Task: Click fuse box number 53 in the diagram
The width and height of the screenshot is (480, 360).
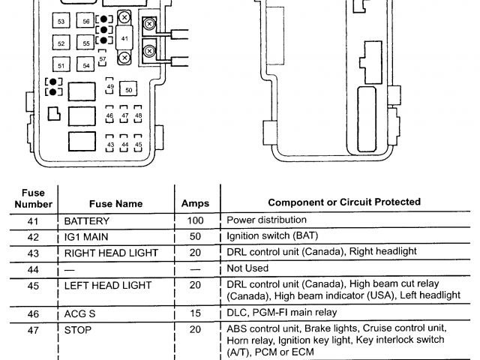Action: [61, 22]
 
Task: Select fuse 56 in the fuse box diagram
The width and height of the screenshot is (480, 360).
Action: [87, 22]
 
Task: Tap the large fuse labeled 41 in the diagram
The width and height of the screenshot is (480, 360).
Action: [124, 37]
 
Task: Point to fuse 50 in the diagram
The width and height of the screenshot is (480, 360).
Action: [129, 90]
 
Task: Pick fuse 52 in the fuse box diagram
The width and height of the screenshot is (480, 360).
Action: [61, 44]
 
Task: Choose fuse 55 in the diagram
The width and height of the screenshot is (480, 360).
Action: [87, 44]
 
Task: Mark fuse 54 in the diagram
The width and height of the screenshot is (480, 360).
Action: [87, 66]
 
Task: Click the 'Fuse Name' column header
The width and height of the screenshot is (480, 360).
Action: [115, 202]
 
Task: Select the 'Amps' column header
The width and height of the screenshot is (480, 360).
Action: [195, 202]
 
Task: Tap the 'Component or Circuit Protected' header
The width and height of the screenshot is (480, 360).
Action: [344, 202]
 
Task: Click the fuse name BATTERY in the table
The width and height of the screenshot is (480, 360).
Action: [87, 221]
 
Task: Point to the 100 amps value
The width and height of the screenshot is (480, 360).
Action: [195, 221]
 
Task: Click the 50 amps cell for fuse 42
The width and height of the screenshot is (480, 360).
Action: [195, 237]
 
